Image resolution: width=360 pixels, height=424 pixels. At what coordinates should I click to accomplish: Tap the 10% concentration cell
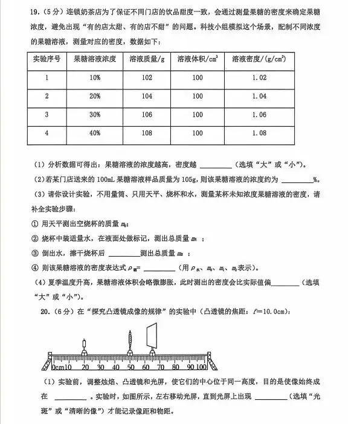point(95,78)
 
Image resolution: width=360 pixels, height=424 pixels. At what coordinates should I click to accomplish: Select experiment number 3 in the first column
point(47,115)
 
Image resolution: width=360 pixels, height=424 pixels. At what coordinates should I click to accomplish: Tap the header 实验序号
point(47,60)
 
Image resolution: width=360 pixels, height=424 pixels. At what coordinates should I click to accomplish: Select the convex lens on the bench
point(130,348)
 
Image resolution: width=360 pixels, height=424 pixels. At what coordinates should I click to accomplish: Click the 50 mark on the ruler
point(130,367)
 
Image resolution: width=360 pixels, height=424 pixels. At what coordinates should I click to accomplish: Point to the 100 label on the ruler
point(201,367)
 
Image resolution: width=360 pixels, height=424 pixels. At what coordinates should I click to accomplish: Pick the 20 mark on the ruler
point(85,367)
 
